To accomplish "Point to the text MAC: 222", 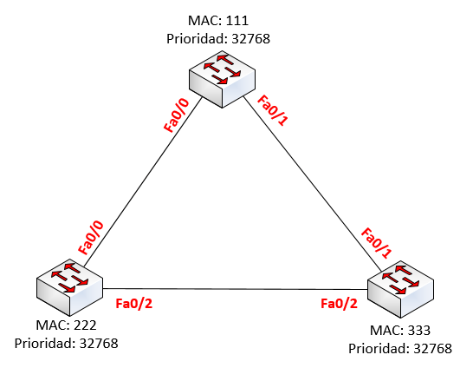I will pos(66,325).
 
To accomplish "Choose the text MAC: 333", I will pos(399,331).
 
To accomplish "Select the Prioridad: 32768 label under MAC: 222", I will pos(66,343).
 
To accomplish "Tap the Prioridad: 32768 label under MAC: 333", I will pos(399,348).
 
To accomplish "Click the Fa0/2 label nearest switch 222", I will pos(133,303).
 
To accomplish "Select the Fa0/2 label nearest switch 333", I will pos(339,303).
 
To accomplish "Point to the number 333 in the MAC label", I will pos(418,331).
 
